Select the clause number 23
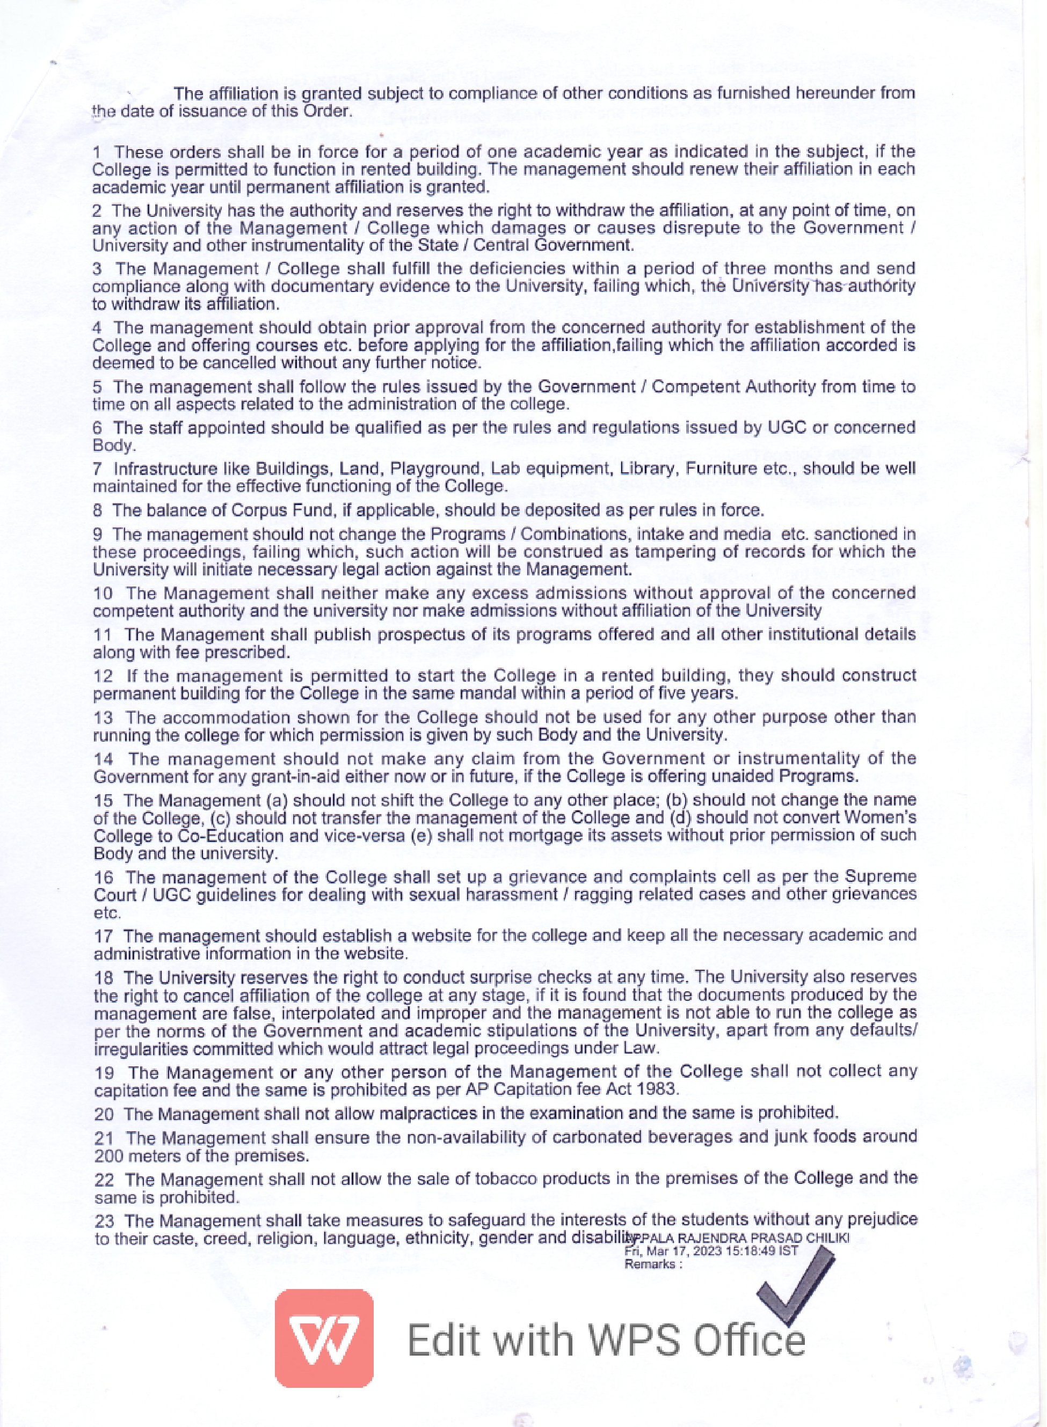(x=104, y=1220)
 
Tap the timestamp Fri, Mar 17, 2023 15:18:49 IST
(x=711, y=1252)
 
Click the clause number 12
(x=103, y=676)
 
